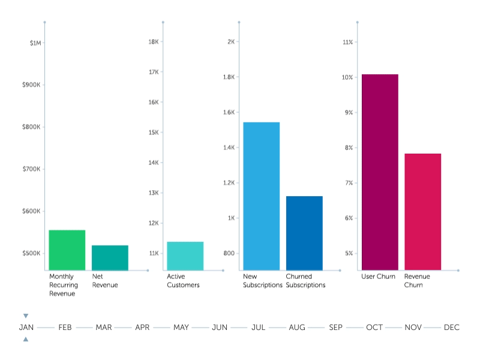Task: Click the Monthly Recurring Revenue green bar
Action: [67, 250]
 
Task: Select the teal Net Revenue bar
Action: [110, 257]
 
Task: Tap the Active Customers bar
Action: [185, 256]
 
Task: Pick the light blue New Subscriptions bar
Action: [261, 196]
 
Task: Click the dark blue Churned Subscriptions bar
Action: [304, 233]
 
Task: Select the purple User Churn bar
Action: [379, 172]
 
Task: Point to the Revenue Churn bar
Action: [422, 212]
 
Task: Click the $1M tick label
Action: [35, 43]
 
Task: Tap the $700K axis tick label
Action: [31, 169]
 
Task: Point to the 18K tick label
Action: [153, 42]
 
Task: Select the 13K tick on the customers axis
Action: [153, 193]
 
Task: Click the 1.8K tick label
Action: [229, 77]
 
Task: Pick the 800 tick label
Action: [230, 253]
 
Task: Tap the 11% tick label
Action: [347, 42]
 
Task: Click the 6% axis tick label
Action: [348, 218]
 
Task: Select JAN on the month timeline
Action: [26, 328]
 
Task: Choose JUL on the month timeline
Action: [259, 328]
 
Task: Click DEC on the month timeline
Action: [451, 328]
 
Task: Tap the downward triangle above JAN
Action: [26, 316]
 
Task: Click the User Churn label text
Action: [378, 277]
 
